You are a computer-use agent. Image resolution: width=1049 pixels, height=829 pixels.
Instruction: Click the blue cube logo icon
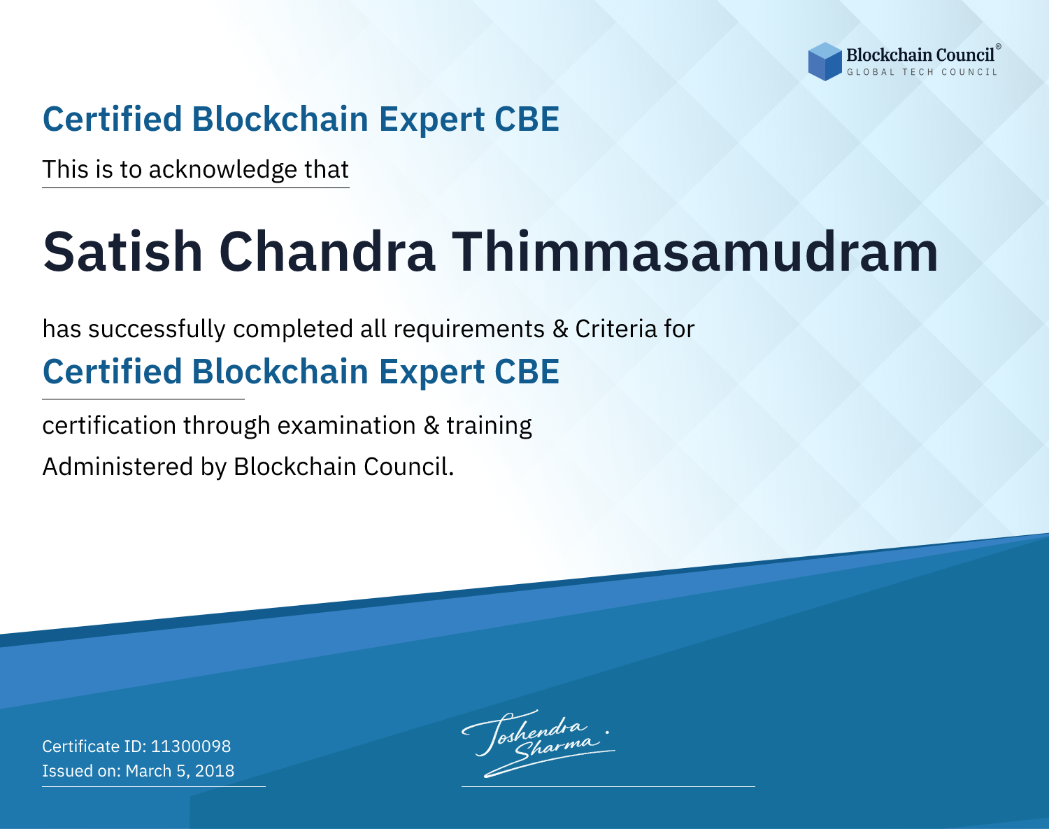point(825,62)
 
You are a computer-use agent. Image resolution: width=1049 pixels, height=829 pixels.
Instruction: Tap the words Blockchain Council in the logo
point(920,55)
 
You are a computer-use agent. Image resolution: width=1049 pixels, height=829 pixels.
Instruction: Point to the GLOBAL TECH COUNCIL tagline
point(922,72)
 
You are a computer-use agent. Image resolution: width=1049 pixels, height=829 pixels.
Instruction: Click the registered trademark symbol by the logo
point(999,47)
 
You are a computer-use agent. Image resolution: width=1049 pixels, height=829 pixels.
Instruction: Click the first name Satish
point(123,252)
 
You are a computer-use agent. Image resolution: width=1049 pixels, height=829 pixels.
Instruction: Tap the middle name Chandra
point(327,252)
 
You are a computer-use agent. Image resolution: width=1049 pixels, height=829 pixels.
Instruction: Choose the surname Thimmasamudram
point(694,252)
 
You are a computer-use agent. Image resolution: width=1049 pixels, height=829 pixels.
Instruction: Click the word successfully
point(157,330)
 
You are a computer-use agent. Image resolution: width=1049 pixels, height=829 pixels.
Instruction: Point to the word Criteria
point(615,329)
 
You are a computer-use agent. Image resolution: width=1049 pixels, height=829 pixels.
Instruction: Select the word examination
point(347,425)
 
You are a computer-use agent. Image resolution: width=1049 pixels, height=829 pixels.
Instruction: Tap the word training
point(489,426)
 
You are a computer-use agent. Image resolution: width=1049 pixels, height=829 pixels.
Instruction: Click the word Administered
point(117,467)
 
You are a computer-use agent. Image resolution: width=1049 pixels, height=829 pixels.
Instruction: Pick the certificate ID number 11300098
point(191,746)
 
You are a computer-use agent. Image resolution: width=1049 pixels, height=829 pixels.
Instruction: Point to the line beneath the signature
point(608,786)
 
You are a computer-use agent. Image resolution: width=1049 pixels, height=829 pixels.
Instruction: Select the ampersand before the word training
point(431,426)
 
